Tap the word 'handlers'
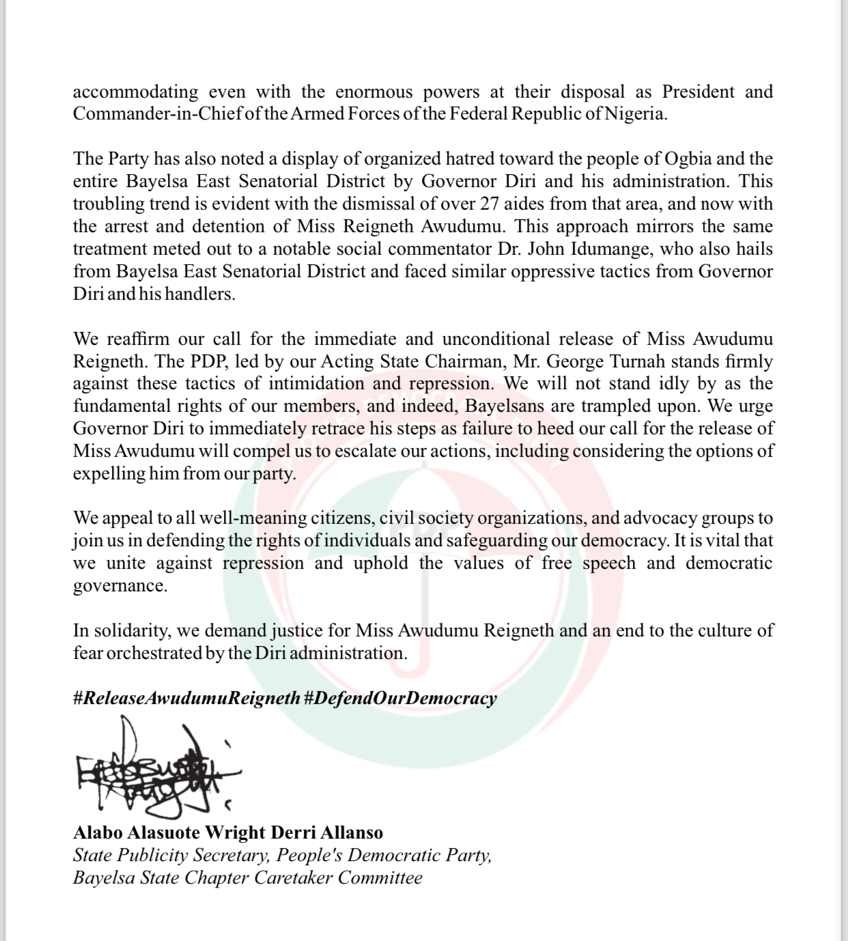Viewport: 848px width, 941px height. pos(202,294)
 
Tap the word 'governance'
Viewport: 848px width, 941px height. pos(119,586)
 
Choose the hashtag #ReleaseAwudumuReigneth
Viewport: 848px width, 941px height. pos(186,698)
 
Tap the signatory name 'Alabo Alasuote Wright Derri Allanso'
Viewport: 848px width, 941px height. pos(228,833)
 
